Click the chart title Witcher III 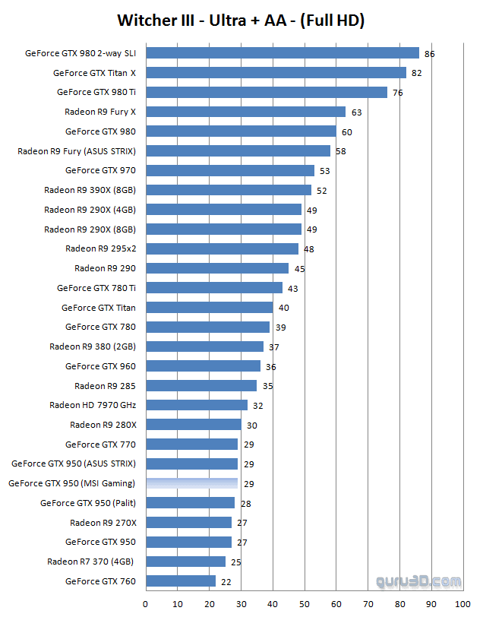click(241, 21)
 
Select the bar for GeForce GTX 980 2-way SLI click(282, 53)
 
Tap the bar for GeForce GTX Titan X click(276, 73)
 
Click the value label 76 click(397, 93)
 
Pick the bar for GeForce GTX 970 click(229, 170)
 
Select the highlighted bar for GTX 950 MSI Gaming click(191, 483)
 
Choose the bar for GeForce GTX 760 click(181, 581)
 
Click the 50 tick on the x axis click(304, 604)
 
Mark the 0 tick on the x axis click(146, 604)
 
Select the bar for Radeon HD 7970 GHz click(197, 405)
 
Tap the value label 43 click(292, 288)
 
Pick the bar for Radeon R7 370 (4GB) click(185, 562)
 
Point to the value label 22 click(226, 581)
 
